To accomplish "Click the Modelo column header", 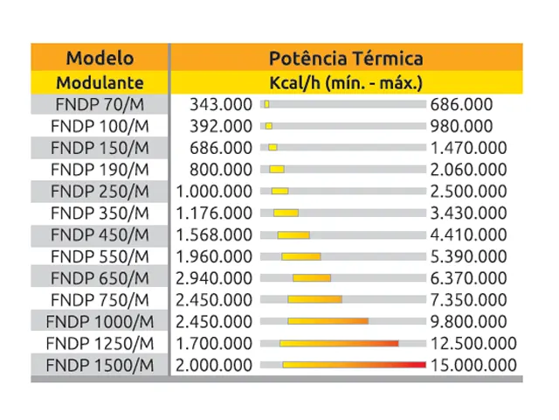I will point(100,59).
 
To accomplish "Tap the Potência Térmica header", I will point(346,59).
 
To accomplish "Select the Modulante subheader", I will point(100,83).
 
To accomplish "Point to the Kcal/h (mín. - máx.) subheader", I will point(347,83).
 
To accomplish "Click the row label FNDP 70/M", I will point(100,104).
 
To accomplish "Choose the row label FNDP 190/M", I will point(100,169).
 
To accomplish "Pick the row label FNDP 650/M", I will point(100,278).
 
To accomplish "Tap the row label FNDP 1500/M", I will point(100,365).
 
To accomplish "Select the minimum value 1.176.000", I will point(215,213).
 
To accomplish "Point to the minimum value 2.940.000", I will point(215,278).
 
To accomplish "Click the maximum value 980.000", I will point(461,126).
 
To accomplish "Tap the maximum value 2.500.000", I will point(468,191).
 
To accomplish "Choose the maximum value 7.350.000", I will point(468,300).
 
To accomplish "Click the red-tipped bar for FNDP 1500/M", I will point(354,365).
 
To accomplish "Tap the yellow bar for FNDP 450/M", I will point(293,234).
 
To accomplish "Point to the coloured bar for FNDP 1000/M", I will point(328,321).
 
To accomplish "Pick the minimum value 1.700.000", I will point(215,343).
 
